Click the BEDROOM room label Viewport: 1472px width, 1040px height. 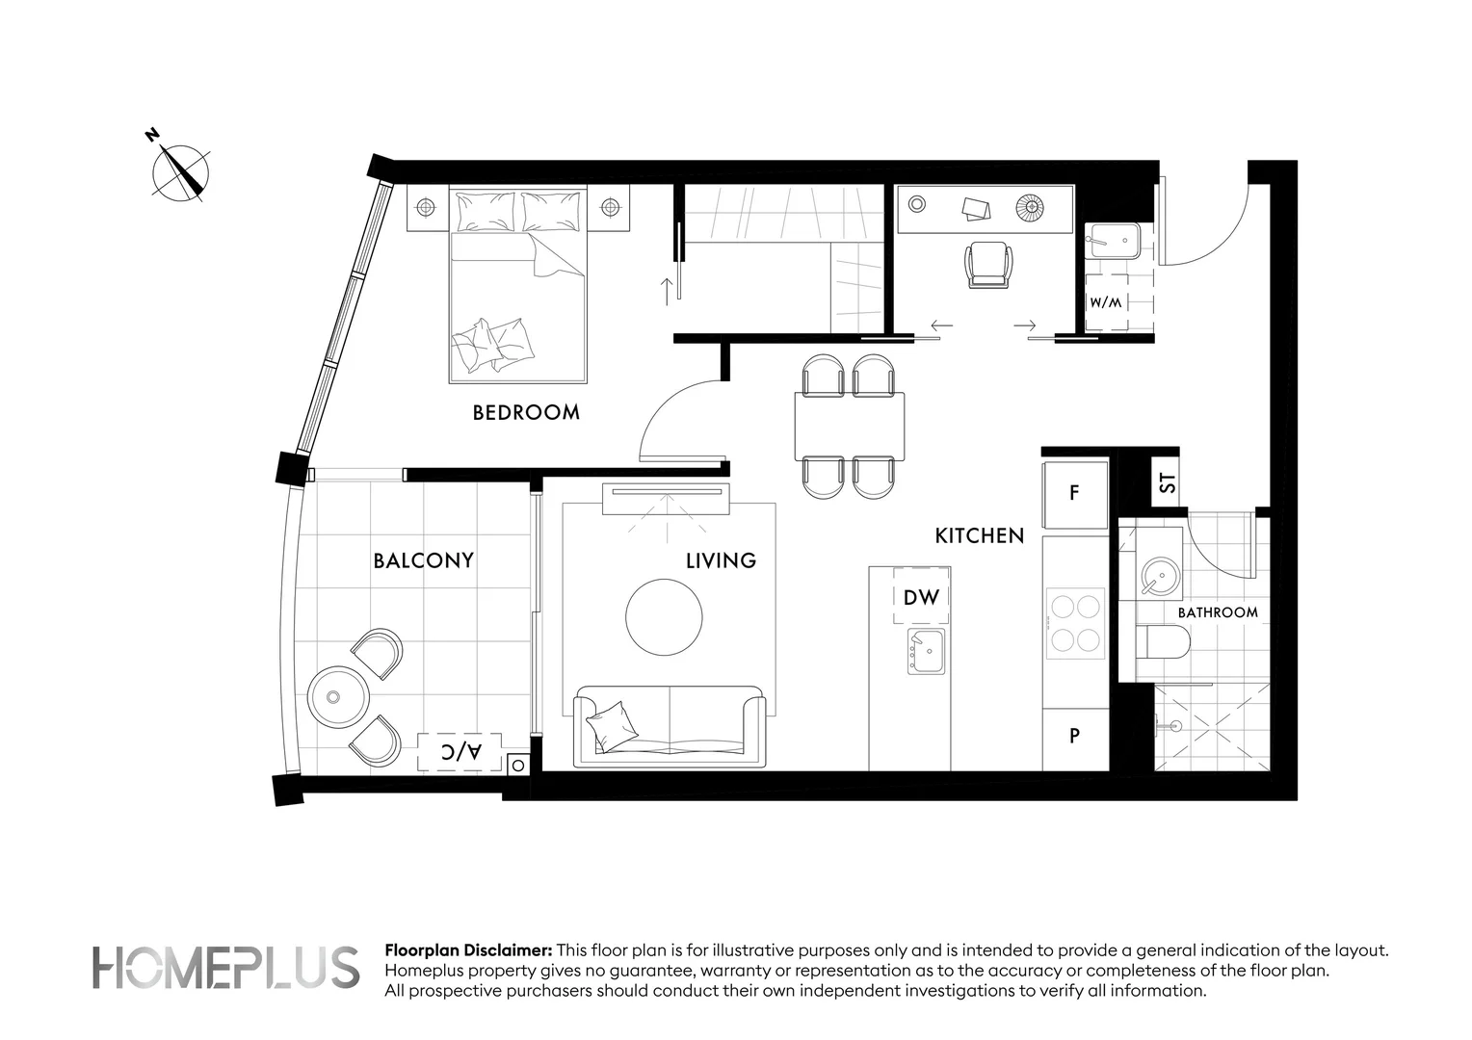(x=526, y=412)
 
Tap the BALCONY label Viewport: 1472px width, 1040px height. (x=423, y=560)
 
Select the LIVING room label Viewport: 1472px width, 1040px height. (x=721, y=560)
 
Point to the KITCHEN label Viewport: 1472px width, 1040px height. (x=979, y=536)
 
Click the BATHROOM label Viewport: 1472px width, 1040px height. (x=1218, y=612)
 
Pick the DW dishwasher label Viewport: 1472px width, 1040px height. (x=921, y=597)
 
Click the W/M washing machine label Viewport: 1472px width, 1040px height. (x=1106, y=303)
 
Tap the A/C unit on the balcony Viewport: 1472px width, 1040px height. (x=460, y=751)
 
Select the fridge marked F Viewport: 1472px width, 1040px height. (x=1075, y=493)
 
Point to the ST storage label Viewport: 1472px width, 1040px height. (x=1167, y=482)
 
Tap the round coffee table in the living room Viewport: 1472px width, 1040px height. (x=664, y=617)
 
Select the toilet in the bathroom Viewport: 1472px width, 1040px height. (x=1163, y=642)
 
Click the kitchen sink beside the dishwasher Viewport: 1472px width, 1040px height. (x=926, y=651)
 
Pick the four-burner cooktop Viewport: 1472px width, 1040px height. (x=1075, y=623)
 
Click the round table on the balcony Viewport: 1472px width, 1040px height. (x=338, y=697)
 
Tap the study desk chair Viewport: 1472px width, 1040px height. (x=988, y=264)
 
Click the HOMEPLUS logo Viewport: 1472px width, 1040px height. (x=225, y=968)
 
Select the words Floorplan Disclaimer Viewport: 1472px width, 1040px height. (x=468, y=950)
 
